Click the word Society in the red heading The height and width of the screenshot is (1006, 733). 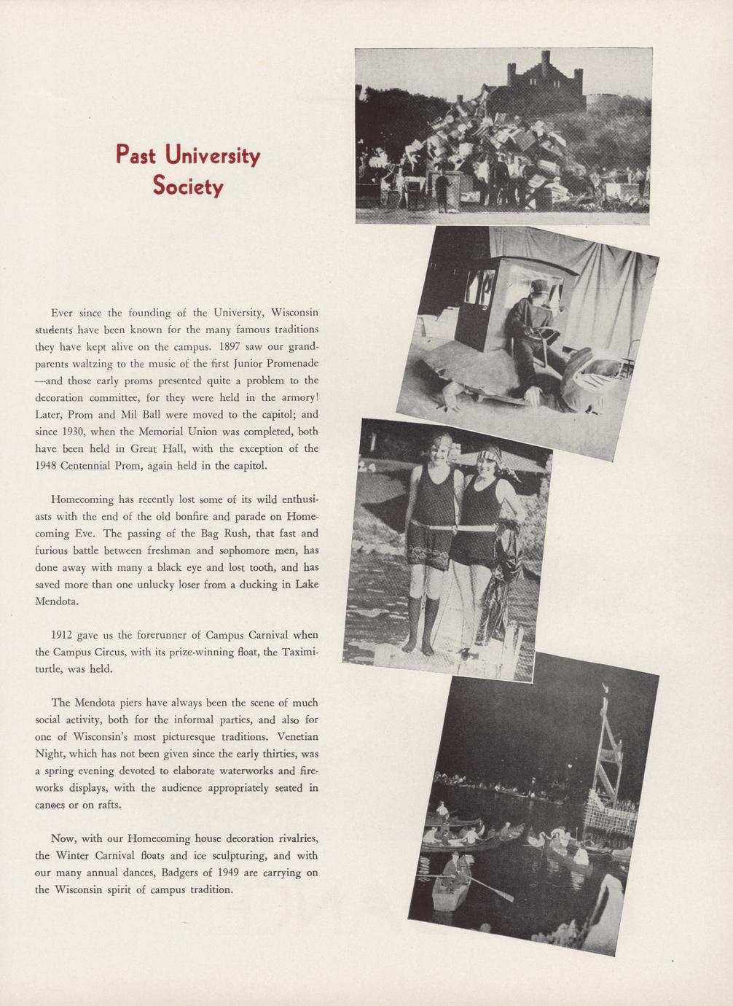188,187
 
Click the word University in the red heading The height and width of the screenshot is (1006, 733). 212,156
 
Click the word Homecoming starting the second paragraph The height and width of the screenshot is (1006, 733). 82,499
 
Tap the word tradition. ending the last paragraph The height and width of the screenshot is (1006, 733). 211,889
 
